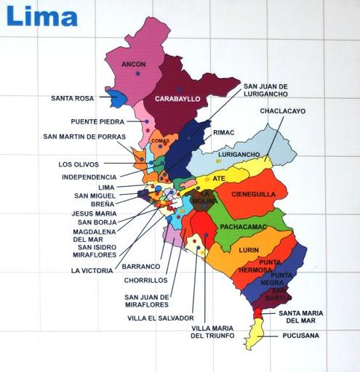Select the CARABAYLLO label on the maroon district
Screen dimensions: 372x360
(x=177, y=99)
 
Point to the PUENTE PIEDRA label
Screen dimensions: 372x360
(x=97, y=121)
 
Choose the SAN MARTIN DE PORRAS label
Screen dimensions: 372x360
(x=84, y=137)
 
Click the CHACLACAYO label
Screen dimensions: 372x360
(x=282, y=111)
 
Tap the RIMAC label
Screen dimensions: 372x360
(x=223, y=133)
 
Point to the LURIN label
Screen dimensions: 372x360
(x=249, y=248)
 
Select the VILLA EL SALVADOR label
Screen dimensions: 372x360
(x=160, y=318)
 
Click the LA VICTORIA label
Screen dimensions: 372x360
(x=92, y=270)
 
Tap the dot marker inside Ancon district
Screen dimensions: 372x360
(x=136, y=74)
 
